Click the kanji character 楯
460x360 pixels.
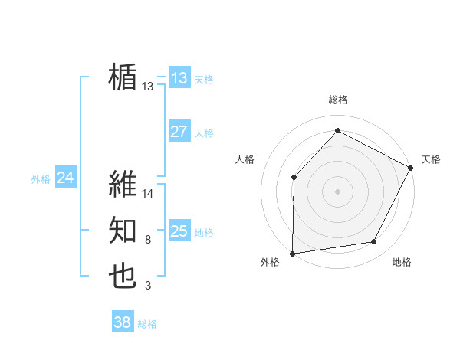click(x=123, y=77)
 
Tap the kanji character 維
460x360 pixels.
click(x=123, y=185)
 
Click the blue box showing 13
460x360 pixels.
click(x=179, y=77)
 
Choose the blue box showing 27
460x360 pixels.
click(x=179, y=132)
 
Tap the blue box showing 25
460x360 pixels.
click(x=179, y=231)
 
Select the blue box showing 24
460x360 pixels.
click(x=65, y=178)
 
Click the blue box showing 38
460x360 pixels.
click(x=123, y=322)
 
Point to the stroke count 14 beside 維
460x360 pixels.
click(x=148, y=194)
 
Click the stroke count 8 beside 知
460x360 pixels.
click(x=147, y=241)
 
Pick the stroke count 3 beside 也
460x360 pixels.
click(x=147, y=286)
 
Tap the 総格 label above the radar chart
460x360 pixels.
click(x=337, y=100)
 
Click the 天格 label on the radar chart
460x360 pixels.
click(x=431, y=159)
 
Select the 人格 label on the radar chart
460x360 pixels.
click(x=245, y=159)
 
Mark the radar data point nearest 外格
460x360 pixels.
click(x=292, y=253)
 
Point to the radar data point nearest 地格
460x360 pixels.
click(x=374, y=242)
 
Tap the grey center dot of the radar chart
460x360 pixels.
click(x=337, y=191)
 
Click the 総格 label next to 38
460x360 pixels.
click(x=147, y=324)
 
